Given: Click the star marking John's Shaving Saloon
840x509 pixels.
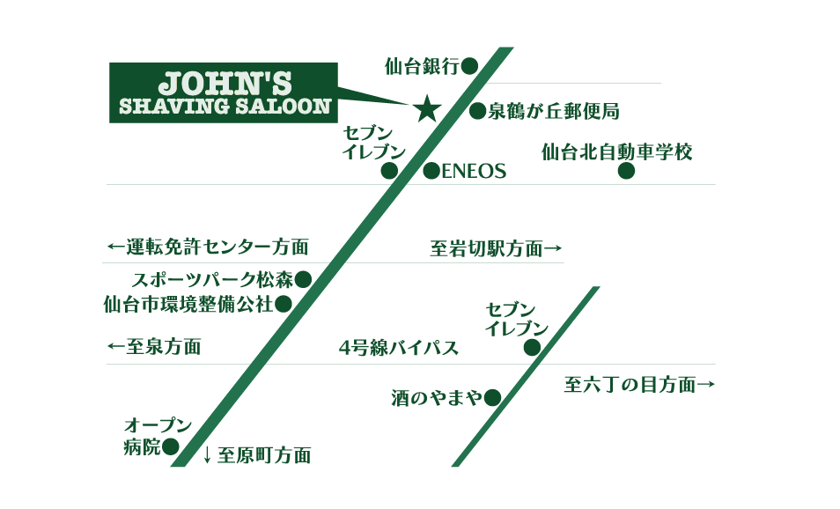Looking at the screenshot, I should point(427,108).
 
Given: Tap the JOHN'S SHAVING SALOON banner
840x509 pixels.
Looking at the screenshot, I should point(224,92).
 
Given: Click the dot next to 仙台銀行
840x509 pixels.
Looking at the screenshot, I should point(469,64).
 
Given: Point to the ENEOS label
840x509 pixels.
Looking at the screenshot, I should point(474,172).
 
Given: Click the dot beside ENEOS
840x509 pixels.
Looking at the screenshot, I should point(431,172).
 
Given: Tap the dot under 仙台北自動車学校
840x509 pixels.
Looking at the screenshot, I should point(626,172).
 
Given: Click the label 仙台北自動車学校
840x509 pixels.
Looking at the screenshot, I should point(617,152).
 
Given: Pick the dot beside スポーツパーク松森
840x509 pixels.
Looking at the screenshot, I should point(303,280).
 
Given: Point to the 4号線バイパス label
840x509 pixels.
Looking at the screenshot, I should point(398,348).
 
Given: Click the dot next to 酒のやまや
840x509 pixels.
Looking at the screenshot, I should point(493,398).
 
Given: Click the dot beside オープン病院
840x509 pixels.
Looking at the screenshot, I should point(171,447).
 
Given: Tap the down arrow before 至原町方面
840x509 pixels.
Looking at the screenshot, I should point(207,455).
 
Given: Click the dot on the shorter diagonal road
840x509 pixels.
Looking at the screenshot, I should point(532,348).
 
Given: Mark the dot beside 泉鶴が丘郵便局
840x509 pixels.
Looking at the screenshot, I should point(477,111).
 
